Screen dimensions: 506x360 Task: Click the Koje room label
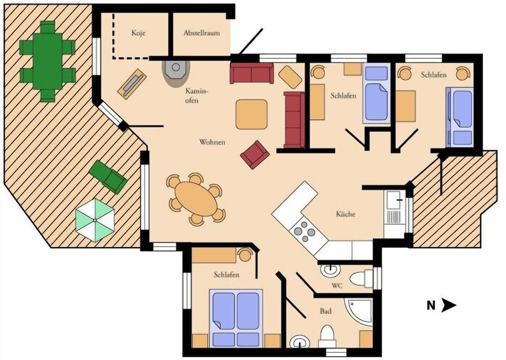pyautogui.click(x=138, y=33)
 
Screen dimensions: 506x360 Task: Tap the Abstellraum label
pyautogui.click(x=202, y=33)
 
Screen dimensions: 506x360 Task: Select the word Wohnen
pyautogui.click(x=212, y=142)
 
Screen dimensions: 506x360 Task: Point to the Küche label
pyautogui.click(x=346, y=213)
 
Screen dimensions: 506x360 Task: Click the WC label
pyautogui.click(x=337, y=286)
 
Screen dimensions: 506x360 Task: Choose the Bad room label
pyautogui.click(x=325, y=311)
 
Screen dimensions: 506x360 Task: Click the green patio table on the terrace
pyautogui.click(x=48, y=61)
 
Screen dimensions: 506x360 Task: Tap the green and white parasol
pyautogui.click(x=95, y=220)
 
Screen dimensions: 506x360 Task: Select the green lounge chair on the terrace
pyautogui.click(x=108, y=177)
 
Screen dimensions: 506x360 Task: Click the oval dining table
pyautogui.click(x=196, y=199)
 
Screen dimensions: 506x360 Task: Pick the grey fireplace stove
pyautogui.click(x=176, y=73)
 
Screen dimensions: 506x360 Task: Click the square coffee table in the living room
pyautogui.click(x=251, y=114)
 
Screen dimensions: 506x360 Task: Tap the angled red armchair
pyautogui.click(x=255, y=155)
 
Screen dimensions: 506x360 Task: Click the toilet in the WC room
pyautogui.click(x=361, y=279)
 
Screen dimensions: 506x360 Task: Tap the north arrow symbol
pyautogui.click(x=441, y=305)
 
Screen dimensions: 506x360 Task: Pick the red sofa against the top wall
pyautogui.click(x=251, y=73)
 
